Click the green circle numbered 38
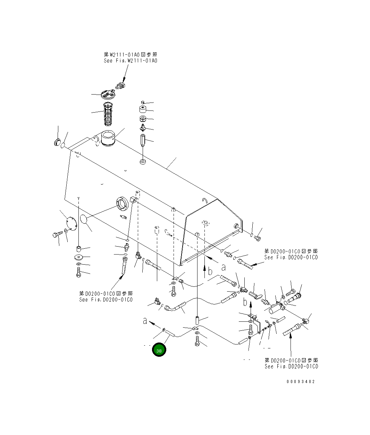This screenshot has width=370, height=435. (159, 350)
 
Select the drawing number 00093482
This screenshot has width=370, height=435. (301, 381)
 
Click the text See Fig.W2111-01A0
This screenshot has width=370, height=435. (130, 61)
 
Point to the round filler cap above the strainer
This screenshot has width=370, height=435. (108, 94)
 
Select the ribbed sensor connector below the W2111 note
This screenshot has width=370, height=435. (120, 85)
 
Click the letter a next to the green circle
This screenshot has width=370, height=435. (145, 321)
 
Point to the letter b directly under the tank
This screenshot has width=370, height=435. (210, 272)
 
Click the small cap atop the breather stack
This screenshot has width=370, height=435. (143, 102)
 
